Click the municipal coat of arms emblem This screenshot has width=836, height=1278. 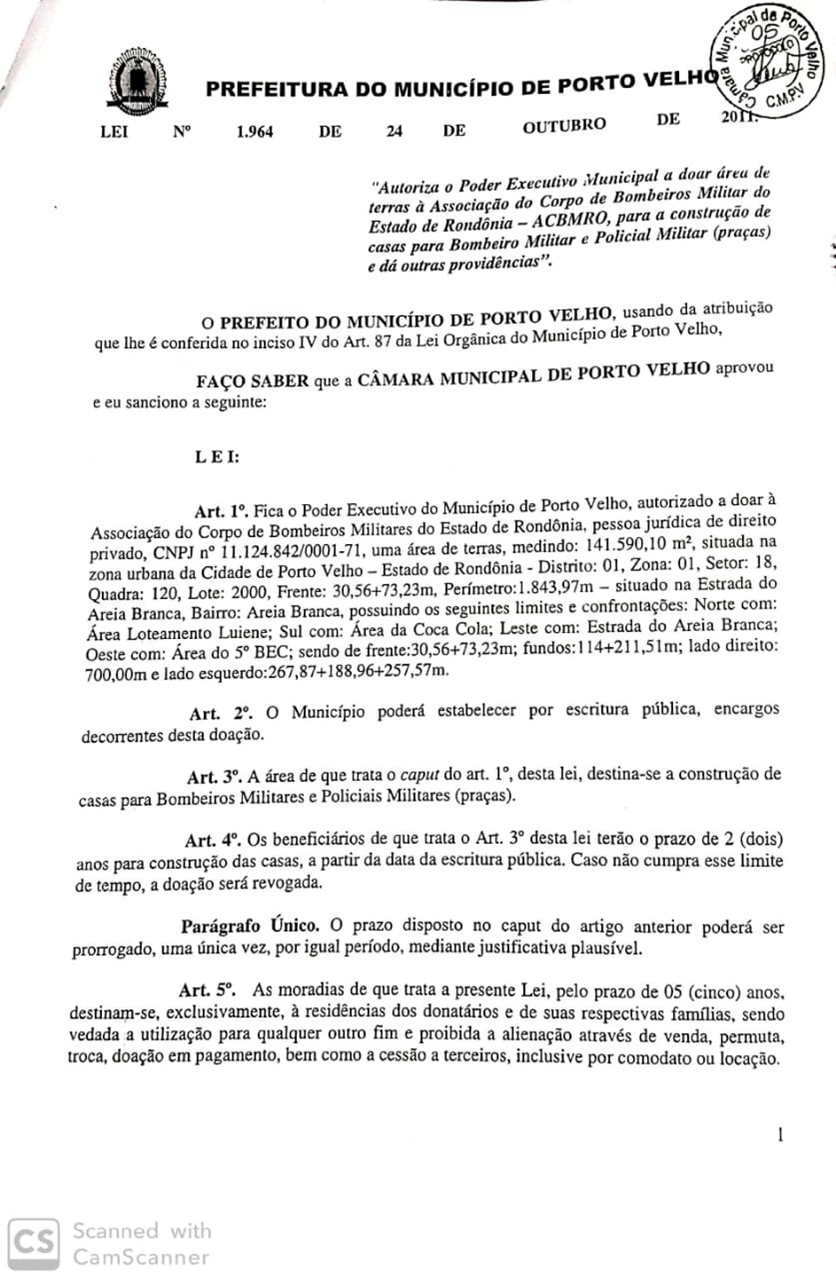136,84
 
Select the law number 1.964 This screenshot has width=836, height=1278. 254,131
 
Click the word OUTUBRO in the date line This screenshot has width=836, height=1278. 563,125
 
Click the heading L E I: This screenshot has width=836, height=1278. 217,456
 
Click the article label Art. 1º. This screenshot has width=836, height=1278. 221,511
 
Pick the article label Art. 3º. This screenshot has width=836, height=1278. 213,777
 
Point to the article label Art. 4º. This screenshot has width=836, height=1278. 212,840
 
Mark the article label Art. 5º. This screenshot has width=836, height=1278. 206,990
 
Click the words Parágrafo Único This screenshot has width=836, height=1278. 250,926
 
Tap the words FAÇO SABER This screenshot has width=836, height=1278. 252,381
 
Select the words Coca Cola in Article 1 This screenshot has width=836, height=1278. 444,629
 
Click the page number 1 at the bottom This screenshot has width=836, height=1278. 780,1134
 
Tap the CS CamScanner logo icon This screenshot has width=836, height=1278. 33,1243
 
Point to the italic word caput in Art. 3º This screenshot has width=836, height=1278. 420,775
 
